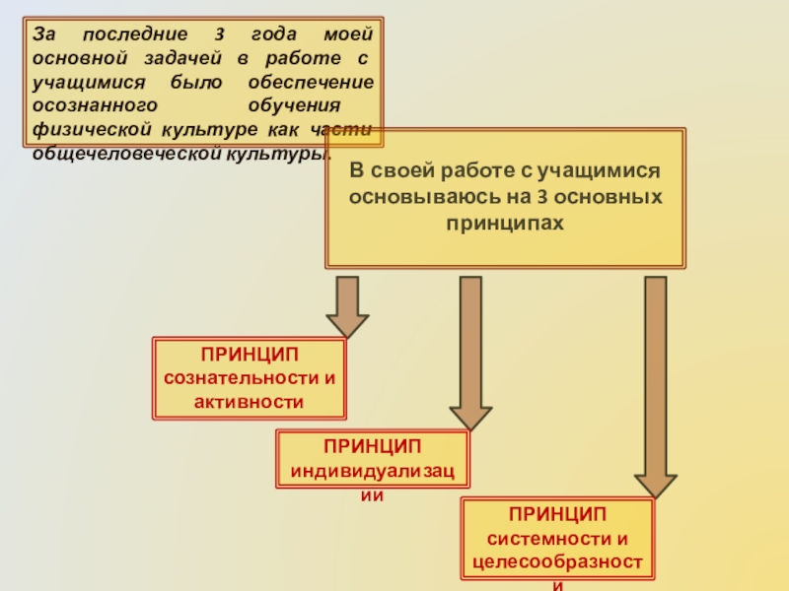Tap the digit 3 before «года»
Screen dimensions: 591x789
click(216, 34)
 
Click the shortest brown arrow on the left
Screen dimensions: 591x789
click(347, 306)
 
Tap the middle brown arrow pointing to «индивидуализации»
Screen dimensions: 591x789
click(470, 349)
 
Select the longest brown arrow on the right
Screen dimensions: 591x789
click(655, 384)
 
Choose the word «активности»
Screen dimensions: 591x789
click(249, 401)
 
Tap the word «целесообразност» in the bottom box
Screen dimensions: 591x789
click(557, 562)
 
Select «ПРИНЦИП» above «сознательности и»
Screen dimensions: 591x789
click(249, 354)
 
